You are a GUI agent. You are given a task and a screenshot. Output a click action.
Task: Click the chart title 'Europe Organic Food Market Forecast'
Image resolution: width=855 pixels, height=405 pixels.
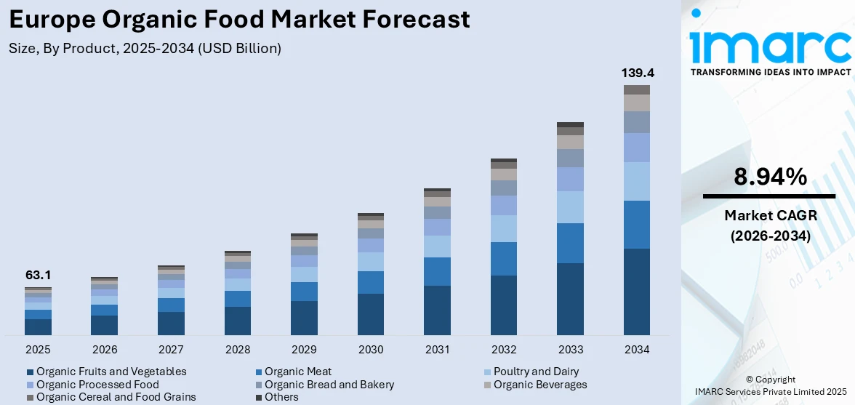click(239, 20)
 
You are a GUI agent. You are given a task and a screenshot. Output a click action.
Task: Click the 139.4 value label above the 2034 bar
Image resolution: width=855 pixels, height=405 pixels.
click(636, 73)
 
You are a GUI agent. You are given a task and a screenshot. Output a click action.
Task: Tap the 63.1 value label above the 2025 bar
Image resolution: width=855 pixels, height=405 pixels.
click(38, 276)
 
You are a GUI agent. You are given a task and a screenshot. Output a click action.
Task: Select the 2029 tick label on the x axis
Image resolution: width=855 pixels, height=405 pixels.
click(304, 350)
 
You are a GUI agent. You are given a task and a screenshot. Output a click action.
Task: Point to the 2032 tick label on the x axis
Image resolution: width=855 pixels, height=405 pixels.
click(503, 350)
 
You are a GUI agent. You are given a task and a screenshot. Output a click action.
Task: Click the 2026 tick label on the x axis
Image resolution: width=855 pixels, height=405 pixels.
click(104, 350)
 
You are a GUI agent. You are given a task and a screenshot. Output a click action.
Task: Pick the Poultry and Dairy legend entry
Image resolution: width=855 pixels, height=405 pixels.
click(536, 372)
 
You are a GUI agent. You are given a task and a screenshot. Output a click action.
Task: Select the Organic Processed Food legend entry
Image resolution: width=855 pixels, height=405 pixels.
click(97, 385)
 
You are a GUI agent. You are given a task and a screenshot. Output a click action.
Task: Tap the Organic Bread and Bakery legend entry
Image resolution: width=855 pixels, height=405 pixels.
click(329, 385)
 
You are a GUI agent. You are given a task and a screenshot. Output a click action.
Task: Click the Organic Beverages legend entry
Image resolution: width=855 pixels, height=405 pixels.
click(540, 385)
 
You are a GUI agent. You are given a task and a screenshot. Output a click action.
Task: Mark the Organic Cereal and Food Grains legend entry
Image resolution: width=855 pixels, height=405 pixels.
click(116, 397)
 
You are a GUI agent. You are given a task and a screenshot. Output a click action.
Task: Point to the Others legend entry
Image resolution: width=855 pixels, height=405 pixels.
click(281, 397)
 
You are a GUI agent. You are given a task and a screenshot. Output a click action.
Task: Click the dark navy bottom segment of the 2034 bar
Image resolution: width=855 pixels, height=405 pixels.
click(636, 292)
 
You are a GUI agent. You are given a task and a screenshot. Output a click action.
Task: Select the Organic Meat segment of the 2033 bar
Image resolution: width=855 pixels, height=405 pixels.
click(570, 243)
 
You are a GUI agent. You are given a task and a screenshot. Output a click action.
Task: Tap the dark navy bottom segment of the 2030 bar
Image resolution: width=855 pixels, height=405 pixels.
click(371, 314)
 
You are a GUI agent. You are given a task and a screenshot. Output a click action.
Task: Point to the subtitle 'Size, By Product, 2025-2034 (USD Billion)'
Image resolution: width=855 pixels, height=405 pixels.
click(145, 49)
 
